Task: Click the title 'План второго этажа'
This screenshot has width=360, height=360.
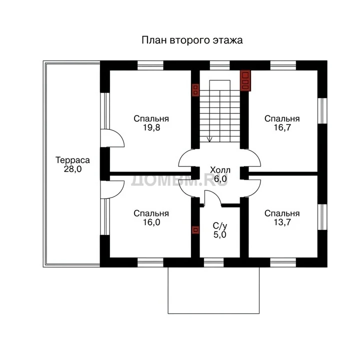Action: pyautogui.click(x=192, y=40)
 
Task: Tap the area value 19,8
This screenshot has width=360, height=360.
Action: pyautogui.click(x=151, y=127)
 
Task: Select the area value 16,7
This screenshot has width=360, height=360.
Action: pyautogui.click(x=282, y=127)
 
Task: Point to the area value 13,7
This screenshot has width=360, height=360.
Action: pyautogui.click(x=282, y=222)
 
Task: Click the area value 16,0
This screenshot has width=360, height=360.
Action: pyautogui.click(x=151, y=222)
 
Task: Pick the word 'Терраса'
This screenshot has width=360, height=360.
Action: pyautogui.click(x=72, y=160)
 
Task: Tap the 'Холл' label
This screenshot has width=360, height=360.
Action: pyautogui.click(x=220, y=170)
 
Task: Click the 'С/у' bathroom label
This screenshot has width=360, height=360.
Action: pyautogui.click(x=219, y=226)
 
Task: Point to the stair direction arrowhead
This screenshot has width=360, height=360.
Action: pyautogui.click(x=209, y=139)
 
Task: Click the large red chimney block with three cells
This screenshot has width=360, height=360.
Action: pyautogui.click(x=245, y=80)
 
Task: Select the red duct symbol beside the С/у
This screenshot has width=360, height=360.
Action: pyautogui.click(x=195, y=230)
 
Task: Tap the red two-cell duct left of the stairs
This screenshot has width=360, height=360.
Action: pyautogui.click(x=195, y=90)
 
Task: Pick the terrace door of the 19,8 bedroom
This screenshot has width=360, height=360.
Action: pyautogui.click(x=112, y=138)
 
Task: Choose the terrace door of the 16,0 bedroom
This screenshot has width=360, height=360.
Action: pyautogui.click(x=112, y=189)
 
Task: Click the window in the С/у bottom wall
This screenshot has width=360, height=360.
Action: pyautogui.click(x=214, y=262)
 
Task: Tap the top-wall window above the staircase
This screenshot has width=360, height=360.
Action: pyautogui.click(x=219, y=65)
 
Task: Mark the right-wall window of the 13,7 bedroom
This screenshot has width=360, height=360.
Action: pyautogui.click(x=322, y=217)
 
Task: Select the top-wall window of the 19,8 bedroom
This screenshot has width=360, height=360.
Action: pyautogui.click(x=150, y=65)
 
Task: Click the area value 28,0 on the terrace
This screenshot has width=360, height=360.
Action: pyautogui.click(x=72, y=169)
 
